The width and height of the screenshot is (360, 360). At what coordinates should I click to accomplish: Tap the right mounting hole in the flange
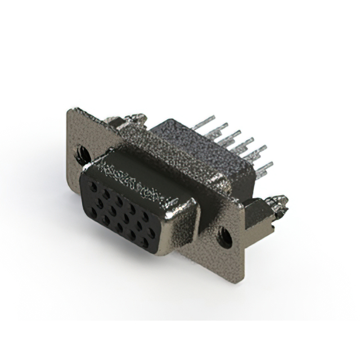click(x=225, y=237)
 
